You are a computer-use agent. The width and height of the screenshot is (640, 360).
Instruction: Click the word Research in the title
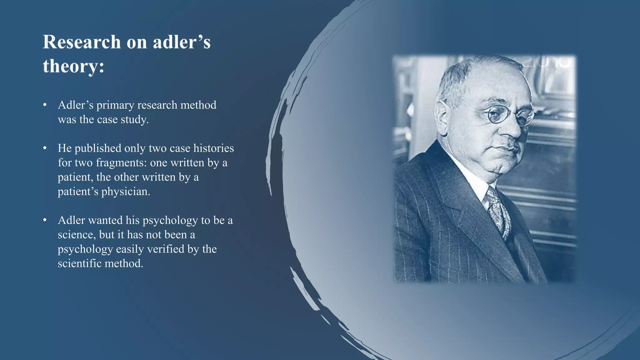point(82,42)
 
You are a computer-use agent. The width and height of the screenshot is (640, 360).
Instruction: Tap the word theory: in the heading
point(73,66)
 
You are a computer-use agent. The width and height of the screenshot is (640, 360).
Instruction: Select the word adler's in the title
point(182,42)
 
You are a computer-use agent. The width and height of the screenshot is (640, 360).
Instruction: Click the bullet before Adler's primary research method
point(45,105)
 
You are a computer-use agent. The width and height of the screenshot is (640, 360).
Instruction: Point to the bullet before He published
point(45,148)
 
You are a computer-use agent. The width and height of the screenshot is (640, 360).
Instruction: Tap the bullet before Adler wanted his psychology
point(45,220)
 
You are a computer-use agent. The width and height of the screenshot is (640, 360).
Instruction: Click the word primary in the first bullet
point(115,106)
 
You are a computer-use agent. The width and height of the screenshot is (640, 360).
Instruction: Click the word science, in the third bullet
point(77,235)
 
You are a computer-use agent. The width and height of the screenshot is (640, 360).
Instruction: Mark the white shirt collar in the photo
point(478,181)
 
